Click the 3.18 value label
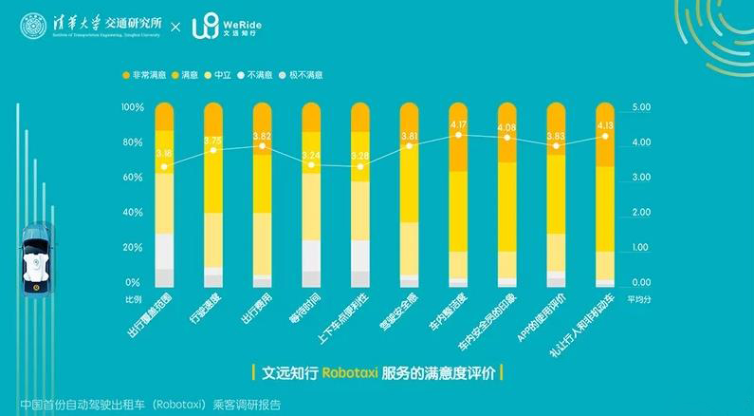click(x=164, y=152)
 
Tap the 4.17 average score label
click(x=458, y=123)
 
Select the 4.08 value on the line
click(x=507, y=127)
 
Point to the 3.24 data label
click(x=311, y=154)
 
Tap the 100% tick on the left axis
click(x=133, y=108)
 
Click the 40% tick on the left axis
click(x=133, y=213)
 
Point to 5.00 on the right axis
click(x=641, y=108)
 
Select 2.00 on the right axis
click(x=641, y=213)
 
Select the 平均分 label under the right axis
click(x=640, y=298)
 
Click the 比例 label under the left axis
click(x=133, y=298)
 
